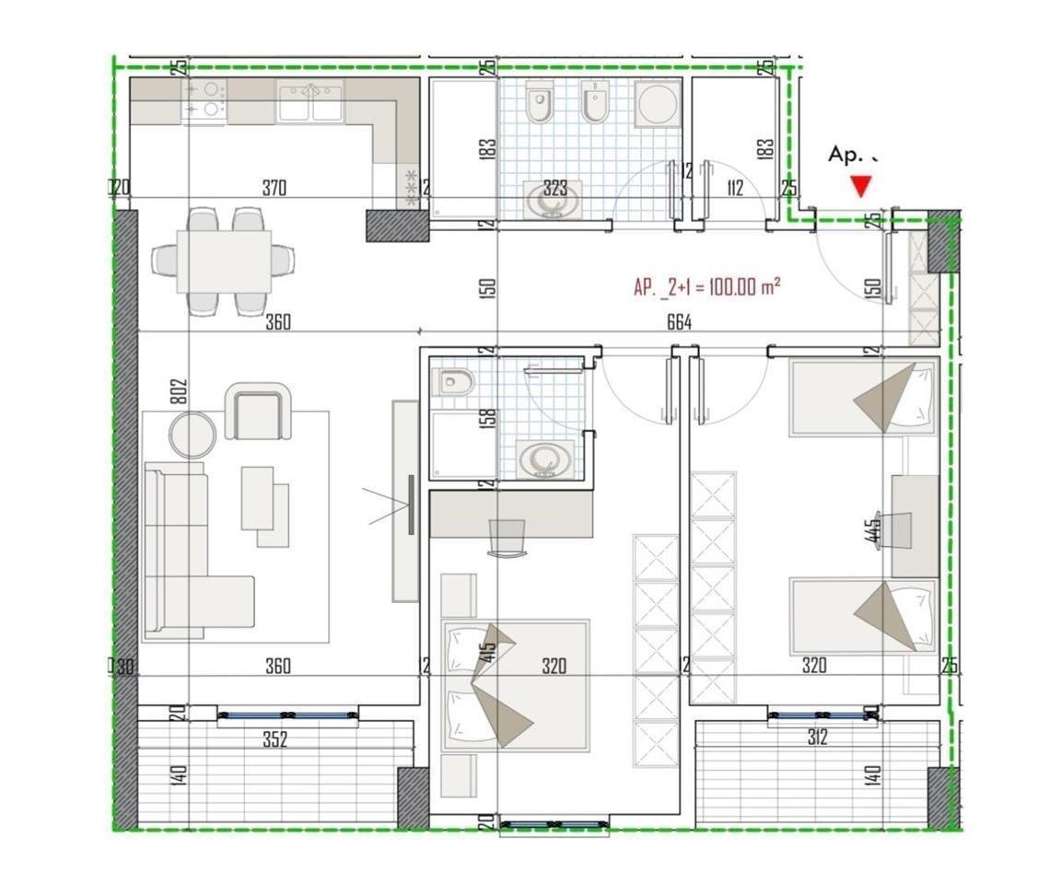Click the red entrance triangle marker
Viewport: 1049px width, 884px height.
pyautogui.click(x=861, y=187)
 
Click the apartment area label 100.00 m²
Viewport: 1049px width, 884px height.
pyautogui.click(x=706, y=287)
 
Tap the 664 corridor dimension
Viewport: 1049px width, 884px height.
pyautogui.click(x=679, y=321)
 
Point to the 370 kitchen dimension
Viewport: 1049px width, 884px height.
pyautogui.click(x=274, y=189)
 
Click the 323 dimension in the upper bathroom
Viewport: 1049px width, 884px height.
pyautogui.click(x=554, y=189)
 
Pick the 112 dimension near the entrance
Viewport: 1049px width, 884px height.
pyautogui.click(x=734, y=189)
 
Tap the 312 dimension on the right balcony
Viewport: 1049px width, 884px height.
pyautogui.click(x=817, y=737)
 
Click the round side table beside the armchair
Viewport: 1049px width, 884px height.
pyautogui.click(x=193, y=435)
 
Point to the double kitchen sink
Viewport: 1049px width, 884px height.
pyautogui.click(x=311, y=100)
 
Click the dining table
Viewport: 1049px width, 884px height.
pyautogui.click(x=224, y=261)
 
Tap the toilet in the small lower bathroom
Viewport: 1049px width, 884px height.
pyautogui.click(x=452, y=381)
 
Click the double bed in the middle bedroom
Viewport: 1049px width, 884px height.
pyautogui.click(x=516, y=684)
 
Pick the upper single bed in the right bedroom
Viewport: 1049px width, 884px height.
pyautogui.click(x=862, y=398)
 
